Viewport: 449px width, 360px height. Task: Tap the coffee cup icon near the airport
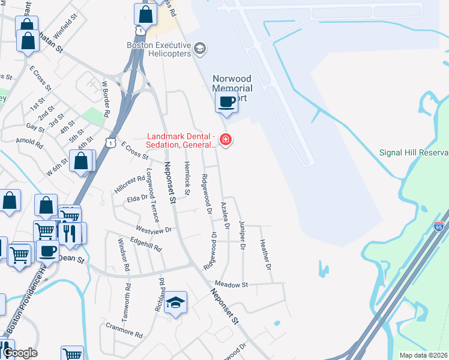tap(226, 102)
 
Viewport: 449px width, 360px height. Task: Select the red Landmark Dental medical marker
tap(226, 140)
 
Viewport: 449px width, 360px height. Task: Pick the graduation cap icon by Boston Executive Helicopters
tap(200, 49)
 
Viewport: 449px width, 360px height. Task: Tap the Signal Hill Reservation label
tap(414, 152)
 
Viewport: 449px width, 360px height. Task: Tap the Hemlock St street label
tap(187, 178)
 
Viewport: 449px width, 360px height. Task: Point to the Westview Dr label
tap(154, 229)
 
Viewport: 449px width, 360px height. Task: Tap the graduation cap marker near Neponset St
tap(176, 304)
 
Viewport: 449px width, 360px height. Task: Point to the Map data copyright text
tap(423, 355)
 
